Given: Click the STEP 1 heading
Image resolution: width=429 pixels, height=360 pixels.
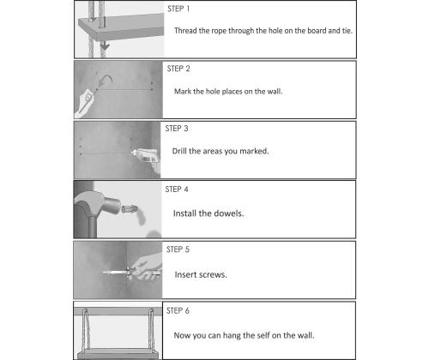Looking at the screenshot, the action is pos(178,9).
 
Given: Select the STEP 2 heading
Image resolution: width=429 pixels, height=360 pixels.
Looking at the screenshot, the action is pos(178,69).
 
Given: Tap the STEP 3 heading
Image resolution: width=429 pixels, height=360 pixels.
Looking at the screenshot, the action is pos(177,129).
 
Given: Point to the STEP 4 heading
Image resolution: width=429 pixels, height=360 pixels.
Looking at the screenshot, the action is pos(177,189).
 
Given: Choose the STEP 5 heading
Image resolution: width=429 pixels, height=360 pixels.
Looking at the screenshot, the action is pos(178,249).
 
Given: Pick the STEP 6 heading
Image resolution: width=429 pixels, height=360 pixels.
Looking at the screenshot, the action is pos(178,310).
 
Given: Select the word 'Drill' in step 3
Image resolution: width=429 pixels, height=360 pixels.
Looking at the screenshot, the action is pos(179,151).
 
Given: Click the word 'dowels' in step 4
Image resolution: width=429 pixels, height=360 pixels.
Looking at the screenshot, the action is pos(229,213).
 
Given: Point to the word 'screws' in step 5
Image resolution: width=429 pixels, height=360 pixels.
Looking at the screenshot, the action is pos(213,275).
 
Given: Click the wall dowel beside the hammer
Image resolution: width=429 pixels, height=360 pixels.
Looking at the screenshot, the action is pos(130,209).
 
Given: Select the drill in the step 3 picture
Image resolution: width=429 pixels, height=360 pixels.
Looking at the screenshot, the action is pos(146,158).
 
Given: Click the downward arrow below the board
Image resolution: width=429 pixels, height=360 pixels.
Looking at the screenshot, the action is pos(105,45).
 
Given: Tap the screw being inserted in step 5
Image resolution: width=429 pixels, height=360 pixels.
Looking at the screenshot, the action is pos(116,273).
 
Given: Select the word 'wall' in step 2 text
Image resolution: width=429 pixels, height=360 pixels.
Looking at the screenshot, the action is pos(275,92).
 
